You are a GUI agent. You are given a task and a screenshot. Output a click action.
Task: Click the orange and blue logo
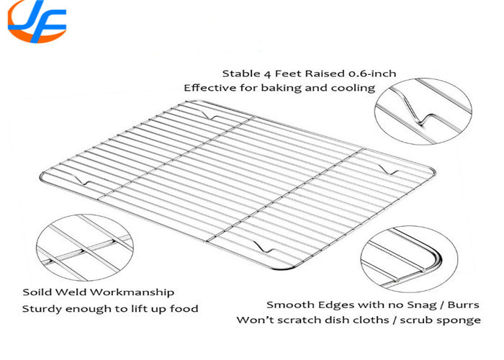pos(37,22)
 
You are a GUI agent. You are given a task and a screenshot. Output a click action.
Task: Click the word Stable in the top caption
pos(238,73)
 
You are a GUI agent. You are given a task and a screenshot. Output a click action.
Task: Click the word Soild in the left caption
pos(36,292)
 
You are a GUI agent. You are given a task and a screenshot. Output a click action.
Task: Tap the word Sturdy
pos(40,309)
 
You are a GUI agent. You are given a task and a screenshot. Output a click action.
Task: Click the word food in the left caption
pos(184,309)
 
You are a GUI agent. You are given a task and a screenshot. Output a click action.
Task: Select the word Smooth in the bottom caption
pos(287,305)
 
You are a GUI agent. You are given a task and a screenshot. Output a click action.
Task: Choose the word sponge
pos(461,320)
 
